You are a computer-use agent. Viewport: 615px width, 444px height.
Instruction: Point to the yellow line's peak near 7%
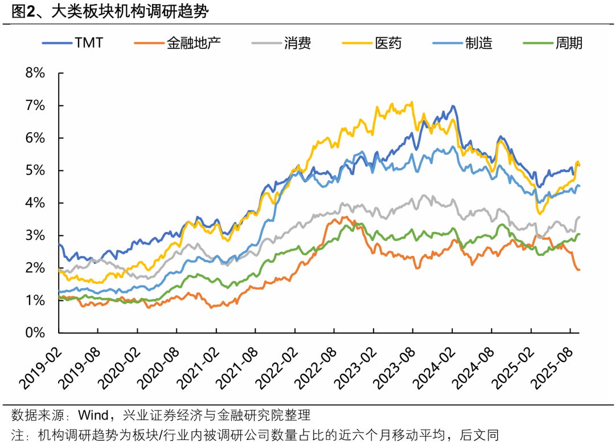click(x=411, y=103)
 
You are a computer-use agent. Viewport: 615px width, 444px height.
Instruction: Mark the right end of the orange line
click(x=579, y=270)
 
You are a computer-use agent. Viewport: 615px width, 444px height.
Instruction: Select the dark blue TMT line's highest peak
click(x=453, y=107)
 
